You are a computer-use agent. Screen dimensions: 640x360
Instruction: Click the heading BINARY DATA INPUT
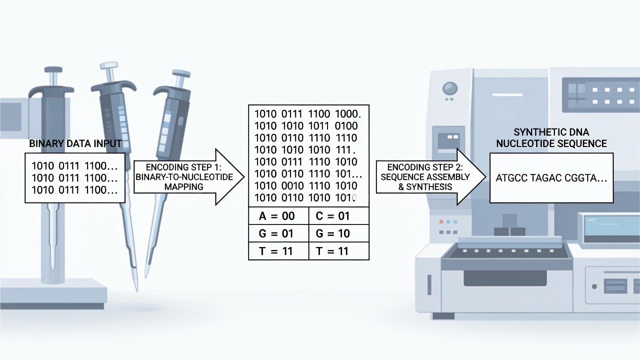point(75,143)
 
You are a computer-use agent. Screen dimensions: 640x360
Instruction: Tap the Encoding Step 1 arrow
point(189,177)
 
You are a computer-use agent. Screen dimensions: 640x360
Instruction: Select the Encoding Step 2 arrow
point(431,177)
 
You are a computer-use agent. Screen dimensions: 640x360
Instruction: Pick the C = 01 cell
point(339,216)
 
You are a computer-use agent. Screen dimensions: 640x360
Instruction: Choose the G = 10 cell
point(339,233)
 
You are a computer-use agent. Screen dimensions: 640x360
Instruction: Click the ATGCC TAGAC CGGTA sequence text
point(551,178)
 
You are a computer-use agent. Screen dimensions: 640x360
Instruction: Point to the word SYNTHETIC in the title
point(536,132)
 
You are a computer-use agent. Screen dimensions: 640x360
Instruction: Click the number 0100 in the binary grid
point(346,126)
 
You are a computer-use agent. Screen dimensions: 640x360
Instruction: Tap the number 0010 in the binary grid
point(291,186)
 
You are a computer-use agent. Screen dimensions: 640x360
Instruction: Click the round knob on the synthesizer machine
point(450,88)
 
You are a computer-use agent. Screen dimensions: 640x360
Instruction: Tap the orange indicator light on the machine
point(441,221)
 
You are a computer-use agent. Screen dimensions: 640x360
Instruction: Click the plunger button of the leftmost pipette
point(53,69)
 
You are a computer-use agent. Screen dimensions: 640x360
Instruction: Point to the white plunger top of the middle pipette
point(109,65)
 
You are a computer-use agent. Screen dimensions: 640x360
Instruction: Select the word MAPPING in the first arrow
point(183,187)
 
